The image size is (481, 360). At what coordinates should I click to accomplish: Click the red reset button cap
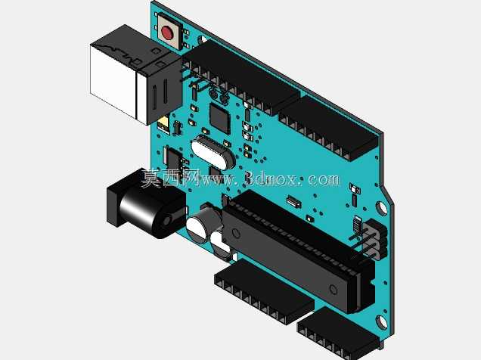tap(167, 33)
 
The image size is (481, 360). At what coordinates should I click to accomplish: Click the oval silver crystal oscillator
tap(213, 152)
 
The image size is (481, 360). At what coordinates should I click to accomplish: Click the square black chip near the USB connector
tap(219, 119)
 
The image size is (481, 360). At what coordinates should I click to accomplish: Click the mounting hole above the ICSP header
tap(382, 207)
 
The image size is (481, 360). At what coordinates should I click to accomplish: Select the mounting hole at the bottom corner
tap(382, 323)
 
